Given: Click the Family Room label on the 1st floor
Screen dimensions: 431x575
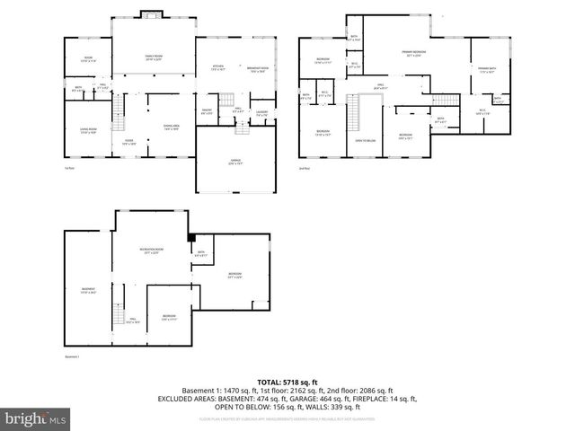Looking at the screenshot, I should (x=153, y=57).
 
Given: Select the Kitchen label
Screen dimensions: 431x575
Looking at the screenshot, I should (x=217, y=68).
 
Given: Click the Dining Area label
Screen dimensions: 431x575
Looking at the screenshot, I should (x=172, y=127).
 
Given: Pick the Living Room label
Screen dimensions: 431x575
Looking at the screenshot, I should (x=87, y=131).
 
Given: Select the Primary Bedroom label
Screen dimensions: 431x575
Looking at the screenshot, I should (x=414, y=55).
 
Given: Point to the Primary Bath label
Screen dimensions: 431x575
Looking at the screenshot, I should (x=488, y=69).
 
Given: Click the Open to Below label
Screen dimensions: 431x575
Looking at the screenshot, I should (x=365, y=141).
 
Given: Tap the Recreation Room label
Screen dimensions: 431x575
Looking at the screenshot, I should (x=151, y=251).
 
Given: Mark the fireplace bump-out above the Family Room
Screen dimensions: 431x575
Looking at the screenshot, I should (x=151, y=15).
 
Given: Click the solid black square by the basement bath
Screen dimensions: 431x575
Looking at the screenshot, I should (x=191, y=238).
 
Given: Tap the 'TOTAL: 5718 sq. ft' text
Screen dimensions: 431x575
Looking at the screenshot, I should (x=287, y=382).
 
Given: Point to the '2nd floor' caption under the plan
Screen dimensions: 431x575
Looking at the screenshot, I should (x=305, y=168).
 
